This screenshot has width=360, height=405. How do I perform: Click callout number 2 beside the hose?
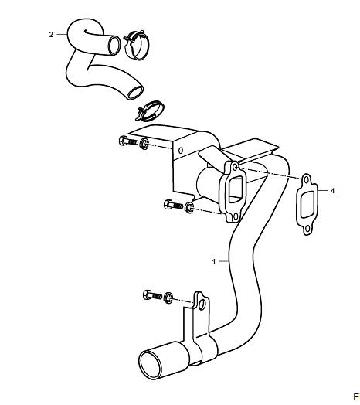coord(51,34)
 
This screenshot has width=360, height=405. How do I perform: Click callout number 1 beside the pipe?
coord(213,261)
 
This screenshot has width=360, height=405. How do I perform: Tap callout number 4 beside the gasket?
coord(332,191)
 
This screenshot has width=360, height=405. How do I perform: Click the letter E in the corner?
coord(356,396)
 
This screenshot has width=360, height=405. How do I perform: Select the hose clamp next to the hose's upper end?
coord(137,45)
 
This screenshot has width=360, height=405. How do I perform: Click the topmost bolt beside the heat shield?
coord(128,141)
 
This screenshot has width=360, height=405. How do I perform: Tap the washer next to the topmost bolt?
coord(144,144)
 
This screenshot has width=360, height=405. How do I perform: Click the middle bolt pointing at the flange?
coord(173,205)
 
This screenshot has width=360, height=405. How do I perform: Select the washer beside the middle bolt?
coord(189,208)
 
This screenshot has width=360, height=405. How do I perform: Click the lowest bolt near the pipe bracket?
coord(152,295)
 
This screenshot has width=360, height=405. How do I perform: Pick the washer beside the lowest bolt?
coord(168,298)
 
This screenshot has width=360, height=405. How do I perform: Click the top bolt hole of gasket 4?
coord(306,179)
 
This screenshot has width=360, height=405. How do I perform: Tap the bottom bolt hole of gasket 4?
coord(307,229)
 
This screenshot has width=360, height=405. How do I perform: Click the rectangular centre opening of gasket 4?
coord(307,204)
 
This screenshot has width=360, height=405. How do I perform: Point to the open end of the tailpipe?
coord(151,365)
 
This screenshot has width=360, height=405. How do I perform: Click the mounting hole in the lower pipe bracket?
coord(202,305)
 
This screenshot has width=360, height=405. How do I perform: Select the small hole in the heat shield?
coord(181,150)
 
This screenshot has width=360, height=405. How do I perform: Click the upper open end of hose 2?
coord(114,46)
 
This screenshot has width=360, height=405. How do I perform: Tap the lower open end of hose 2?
coord(135,93)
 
